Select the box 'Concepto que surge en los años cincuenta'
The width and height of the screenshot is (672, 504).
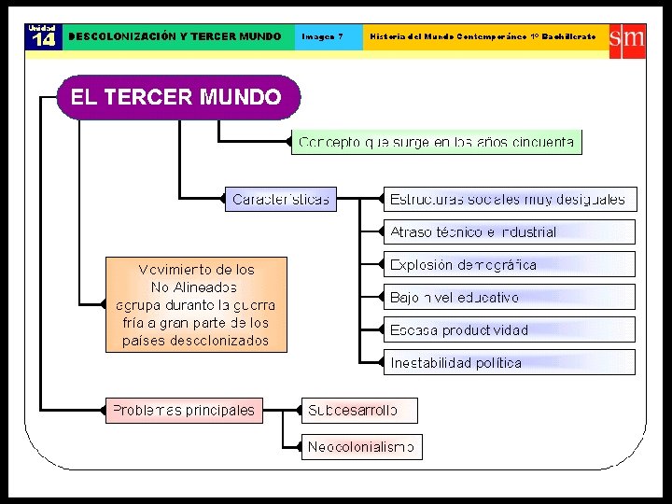coord(437,142)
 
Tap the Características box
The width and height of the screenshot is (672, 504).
coord(280,199)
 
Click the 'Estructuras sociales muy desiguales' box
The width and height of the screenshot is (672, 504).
coord(508,199)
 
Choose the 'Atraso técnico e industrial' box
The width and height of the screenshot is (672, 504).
coord(508,231)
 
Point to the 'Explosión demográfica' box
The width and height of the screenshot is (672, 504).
coord(508,264)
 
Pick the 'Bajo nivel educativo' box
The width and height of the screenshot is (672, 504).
coord(508,297)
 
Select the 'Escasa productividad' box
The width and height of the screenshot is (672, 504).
coord(508,329)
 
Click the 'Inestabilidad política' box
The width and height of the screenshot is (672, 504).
coord(508,362)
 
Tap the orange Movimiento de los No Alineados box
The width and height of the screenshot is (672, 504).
coord(196,304)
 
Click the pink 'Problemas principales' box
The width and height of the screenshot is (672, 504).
coord(183,410)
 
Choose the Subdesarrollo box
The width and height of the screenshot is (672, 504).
coord(359,410)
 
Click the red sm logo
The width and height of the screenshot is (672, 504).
coord(627,38)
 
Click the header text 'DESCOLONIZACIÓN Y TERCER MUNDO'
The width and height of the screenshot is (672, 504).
coord(175,36)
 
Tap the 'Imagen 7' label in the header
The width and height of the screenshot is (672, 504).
coord(322,36)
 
